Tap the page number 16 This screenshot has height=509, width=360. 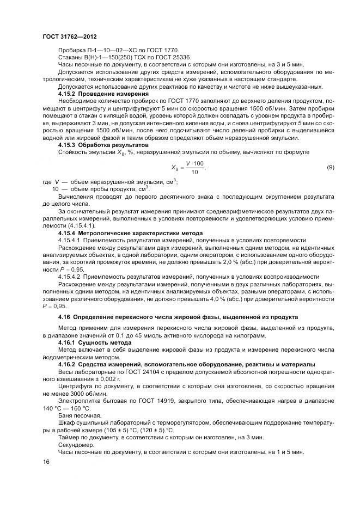[x=45, y=462]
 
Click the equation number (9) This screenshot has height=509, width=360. [x=330, y=167]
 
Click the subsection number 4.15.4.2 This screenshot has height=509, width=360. [x=71, y=276]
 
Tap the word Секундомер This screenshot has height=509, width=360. [x=75, y=444]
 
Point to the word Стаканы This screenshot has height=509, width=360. [x=71, y=56]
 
